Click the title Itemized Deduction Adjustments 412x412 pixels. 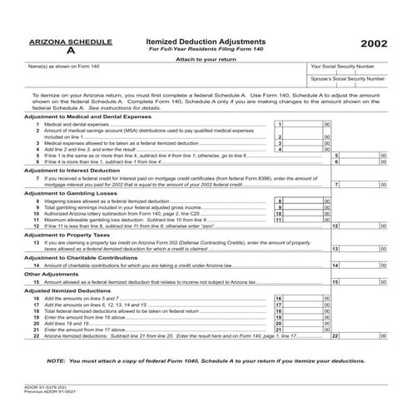[206, 41]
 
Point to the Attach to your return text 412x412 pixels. [206, 58]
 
